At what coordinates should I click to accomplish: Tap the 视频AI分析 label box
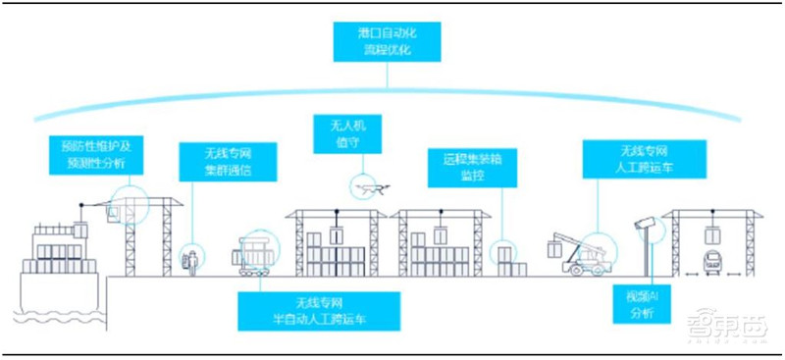pos(628,303)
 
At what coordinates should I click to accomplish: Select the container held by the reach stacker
pos(557,249)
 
